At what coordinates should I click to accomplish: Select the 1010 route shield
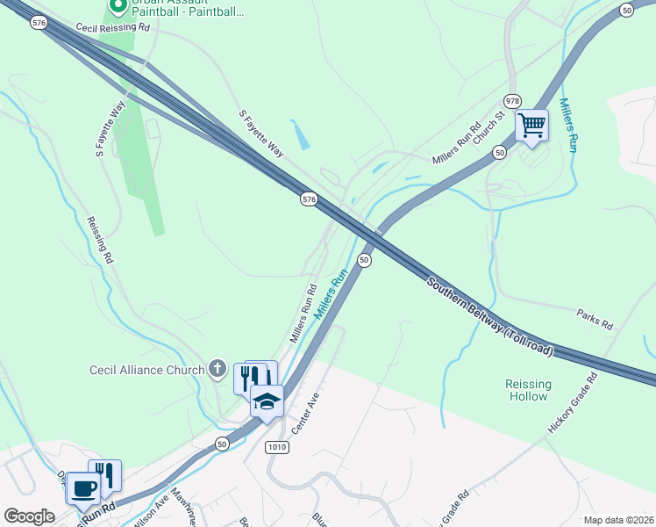click(276, 447)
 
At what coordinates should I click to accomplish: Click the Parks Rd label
click(594, 318)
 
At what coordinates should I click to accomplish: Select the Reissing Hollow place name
click(529, 390)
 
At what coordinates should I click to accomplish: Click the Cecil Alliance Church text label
click(146, 370)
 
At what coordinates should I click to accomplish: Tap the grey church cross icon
click(217, 370)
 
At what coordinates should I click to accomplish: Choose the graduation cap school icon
click(267, 401)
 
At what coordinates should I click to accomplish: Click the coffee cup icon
click(83, 487)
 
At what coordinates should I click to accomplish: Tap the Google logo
click(29, 516)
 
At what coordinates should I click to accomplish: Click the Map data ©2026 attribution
click(618, 520)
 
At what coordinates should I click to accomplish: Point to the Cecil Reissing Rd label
click(113, 28)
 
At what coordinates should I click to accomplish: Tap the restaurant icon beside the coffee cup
click(104, 475)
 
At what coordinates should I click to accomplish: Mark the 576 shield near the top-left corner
click(38, 24)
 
